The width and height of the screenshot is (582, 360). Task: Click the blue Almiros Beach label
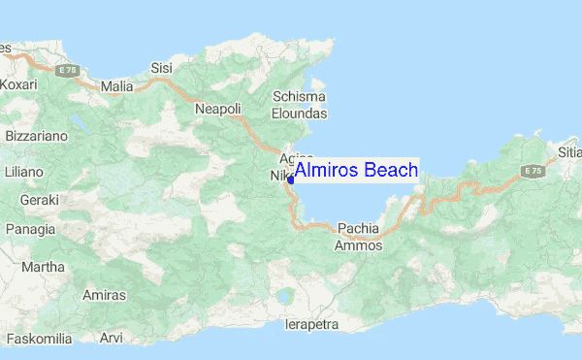(x=356, y=171)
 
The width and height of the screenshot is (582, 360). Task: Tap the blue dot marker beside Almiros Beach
(x=291, y=179)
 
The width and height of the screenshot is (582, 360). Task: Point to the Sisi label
(x=162, y=68)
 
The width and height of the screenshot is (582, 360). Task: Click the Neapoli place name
(x=217, y=110)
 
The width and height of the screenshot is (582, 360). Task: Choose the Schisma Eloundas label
(x=300, y=105)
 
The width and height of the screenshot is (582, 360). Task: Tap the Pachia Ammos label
(x=359, y=238)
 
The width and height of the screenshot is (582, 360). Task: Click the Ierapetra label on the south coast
(x=311, y=324)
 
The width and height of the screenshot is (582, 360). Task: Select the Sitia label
(x=568, y=151)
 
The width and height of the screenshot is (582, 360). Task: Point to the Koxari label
(x=17, y=85)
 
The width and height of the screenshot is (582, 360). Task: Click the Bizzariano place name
(x=36, y=137)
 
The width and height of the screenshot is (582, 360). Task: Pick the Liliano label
(x=24, y=171)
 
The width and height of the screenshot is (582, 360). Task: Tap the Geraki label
(x=39, y=199)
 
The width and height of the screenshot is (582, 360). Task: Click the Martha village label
(x=43, y=267)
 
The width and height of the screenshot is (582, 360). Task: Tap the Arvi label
(x=112, y=339)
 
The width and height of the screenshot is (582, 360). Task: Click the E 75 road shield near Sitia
(x=531, y=171)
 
